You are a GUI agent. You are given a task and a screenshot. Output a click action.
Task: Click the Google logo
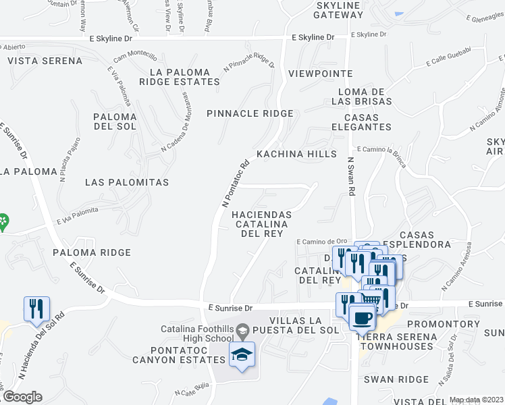click(x=22, y=397)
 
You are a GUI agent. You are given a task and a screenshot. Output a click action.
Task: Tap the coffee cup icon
click(x=362, y=316)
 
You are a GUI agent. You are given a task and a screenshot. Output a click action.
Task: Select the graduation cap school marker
click(x=242, y=353)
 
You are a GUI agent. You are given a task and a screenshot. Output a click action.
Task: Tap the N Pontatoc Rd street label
click(x=236, y=182)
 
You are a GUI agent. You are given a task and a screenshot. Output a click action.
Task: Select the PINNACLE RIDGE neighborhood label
click(x=250, y=113)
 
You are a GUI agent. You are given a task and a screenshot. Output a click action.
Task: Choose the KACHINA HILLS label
click(x=296, y=154)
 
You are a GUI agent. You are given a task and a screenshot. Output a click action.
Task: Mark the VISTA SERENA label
click(x=45, y=61)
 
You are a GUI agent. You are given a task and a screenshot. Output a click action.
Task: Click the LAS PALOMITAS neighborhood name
click(x=127, y=182)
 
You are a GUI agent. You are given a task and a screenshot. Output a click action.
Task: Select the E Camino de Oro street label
click(x=321, y=241)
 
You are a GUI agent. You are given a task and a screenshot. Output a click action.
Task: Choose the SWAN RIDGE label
click(x=392, y=379)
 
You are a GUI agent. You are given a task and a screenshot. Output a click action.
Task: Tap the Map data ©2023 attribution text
click(x=476, y=400)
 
